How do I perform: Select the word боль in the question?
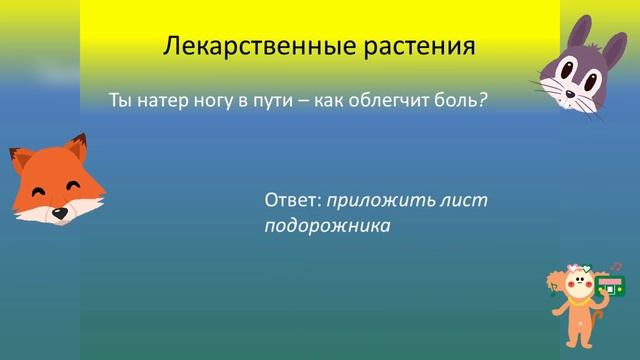454,101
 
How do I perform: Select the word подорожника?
326,225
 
